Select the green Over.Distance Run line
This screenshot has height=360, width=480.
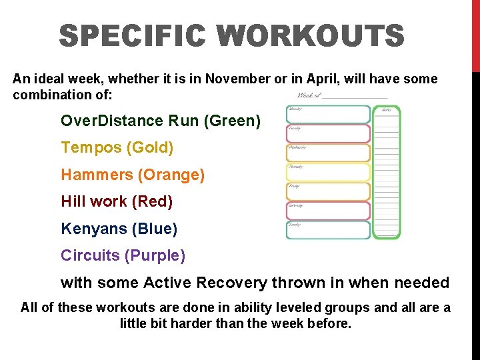(x=161, y=121)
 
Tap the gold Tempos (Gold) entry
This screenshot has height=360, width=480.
(x=117, y=148)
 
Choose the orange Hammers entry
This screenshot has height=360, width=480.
(x=133, y=175)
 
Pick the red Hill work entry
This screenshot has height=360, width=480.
(x=117, y=201)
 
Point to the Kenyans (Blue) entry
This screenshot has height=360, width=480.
(x=119, y=229)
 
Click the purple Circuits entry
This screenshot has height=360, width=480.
(x=123, y=255)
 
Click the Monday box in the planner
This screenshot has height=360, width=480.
(x=328, y=114)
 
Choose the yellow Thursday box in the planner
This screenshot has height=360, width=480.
(x=328, y=172)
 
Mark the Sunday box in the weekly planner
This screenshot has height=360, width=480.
(x=328, y=230)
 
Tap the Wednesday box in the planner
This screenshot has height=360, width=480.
(x=328, y=153)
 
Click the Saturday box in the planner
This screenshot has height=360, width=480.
(x=328, y=211)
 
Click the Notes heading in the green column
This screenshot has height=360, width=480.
(x=385, y=109)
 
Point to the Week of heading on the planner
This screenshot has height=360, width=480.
(x=310, y=95)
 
